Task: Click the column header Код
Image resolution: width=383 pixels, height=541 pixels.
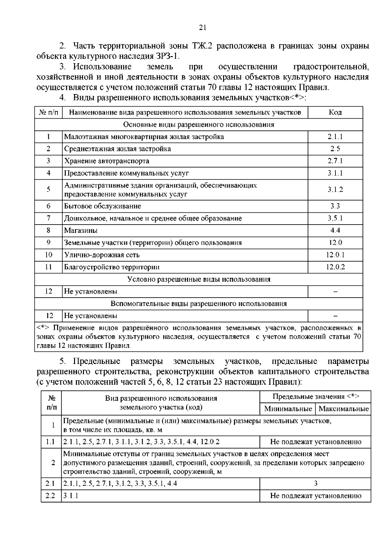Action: [x=335, y=112]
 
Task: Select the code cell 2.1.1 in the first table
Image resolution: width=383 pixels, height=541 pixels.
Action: [x=335, y=137]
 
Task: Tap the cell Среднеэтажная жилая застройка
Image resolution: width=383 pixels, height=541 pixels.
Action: [x=117, y=149]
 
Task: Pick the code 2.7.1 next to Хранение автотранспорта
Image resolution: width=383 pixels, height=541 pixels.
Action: [x=335, y=161]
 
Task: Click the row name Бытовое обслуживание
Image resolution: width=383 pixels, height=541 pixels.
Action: [x=102, y=206]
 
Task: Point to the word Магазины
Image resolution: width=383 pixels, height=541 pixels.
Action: [x=81, y=230]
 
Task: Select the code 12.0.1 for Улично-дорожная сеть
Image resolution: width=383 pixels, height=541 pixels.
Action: [x=335, y=255]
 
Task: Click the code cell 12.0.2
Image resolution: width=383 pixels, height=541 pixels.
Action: [x=335, y=267]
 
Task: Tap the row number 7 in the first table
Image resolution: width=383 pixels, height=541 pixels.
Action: [x=49, y=218]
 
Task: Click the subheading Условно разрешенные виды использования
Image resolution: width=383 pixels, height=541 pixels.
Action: [x=199, y=279]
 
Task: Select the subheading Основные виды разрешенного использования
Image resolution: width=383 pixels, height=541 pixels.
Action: [x=199, y=124]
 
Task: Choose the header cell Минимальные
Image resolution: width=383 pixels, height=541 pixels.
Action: [x=288, y=409]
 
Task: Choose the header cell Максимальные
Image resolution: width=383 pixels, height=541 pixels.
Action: [x=343, y=409]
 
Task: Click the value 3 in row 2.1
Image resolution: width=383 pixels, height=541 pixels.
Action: [x=315, y=484]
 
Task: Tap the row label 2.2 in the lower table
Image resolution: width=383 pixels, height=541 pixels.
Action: [x=50, y=496]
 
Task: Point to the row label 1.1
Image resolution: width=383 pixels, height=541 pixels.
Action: [x=50, y=442]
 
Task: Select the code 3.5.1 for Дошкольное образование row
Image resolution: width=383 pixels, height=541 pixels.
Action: [x=335, y=218]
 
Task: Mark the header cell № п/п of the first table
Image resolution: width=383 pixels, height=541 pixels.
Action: [x=49, y=112]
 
